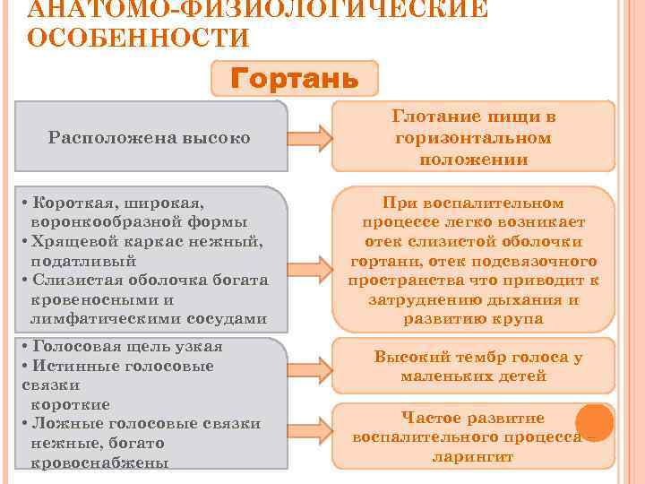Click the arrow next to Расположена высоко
point(309,138)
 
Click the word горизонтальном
point(473,138)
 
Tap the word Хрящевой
point(71,241)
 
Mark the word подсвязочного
point(544,261)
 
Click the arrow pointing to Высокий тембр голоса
point(309,357)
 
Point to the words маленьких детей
point(473,376)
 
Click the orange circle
point(594,422)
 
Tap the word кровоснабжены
point(99,462)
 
